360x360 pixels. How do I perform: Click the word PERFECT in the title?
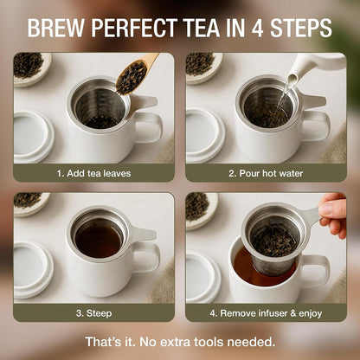tap(134, 28)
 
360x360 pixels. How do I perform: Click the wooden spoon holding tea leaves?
tap(135, 74)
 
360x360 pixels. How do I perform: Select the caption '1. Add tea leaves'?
tap(93, 173)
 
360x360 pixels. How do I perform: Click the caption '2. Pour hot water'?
tap(266, 173)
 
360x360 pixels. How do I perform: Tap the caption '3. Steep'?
tap(93, 313)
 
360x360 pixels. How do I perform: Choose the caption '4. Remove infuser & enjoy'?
tap(266, 313)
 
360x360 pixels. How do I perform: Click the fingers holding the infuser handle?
tap(333, 214)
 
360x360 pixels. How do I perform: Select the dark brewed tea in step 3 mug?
tap(99, 241)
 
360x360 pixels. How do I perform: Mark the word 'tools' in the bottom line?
tap(209, 342)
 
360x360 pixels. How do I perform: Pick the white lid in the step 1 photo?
tap(33, 136)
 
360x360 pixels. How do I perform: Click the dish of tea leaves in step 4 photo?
tap(202, 210)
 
